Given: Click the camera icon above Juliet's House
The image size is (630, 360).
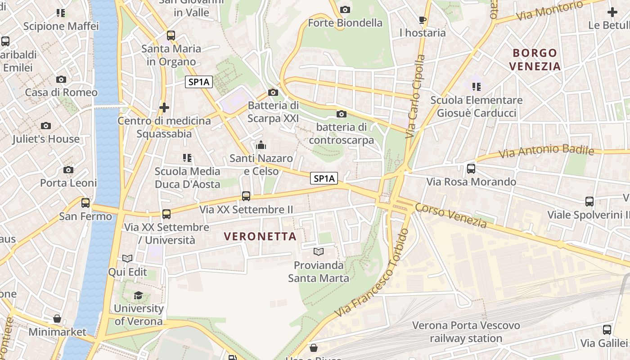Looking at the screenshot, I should click(x=46, y=126).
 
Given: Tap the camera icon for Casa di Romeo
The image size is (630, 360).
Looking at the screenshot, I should click(x=61, y=80).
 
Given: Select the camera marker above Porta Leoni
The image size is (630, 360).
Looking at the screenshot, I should click(x=68, y=170).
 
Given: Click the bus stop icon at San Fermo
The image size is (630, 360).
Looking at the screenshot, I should click(x=85, y=203).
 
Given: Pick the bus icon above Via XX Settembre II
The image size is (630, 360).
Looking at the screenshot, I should click(x=246, y=196).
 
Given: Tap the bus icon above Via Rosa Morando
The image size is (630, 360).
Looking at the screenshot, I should click(x=471, y=169).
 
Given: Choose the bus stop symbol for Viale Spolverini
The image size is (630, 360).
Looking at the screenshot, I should click(x=589, y=202).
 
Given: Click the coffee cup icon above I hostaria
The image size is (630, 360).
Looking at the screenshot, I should click(x=422, y=20).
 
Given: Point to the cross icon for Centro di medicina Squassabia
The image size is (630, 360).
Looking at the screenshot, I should click(x=164, y=108).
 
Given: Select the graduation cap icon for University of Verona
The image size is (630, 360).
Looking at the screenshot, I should click(x=138, y=296).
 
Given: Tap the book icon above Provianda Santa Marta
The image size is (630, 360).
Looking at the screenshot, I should click(x=319, y=252).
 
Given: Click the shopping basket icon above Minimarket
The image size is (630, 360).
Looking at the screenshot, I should click(x=57, y=319).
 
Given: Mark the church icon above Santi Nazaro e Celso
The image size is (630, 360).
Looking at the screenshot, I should click(x=261, y=145).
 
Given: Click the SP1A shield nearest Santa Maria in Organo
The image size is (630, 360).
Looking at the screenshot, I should click(x=198, y=82).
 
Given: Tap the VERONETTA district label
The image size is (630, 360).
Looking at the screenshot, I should click(x=260, y=236).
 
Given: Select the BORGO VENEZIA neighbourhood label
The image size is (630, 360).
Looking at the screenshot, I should click(x=535, y=59).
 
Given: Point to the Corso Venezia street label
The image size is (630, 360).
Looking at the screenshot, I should click(x=451, y=215).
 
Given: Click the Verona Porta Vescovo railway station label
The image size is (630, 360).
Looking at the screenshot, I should click(x=466, y=332).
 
